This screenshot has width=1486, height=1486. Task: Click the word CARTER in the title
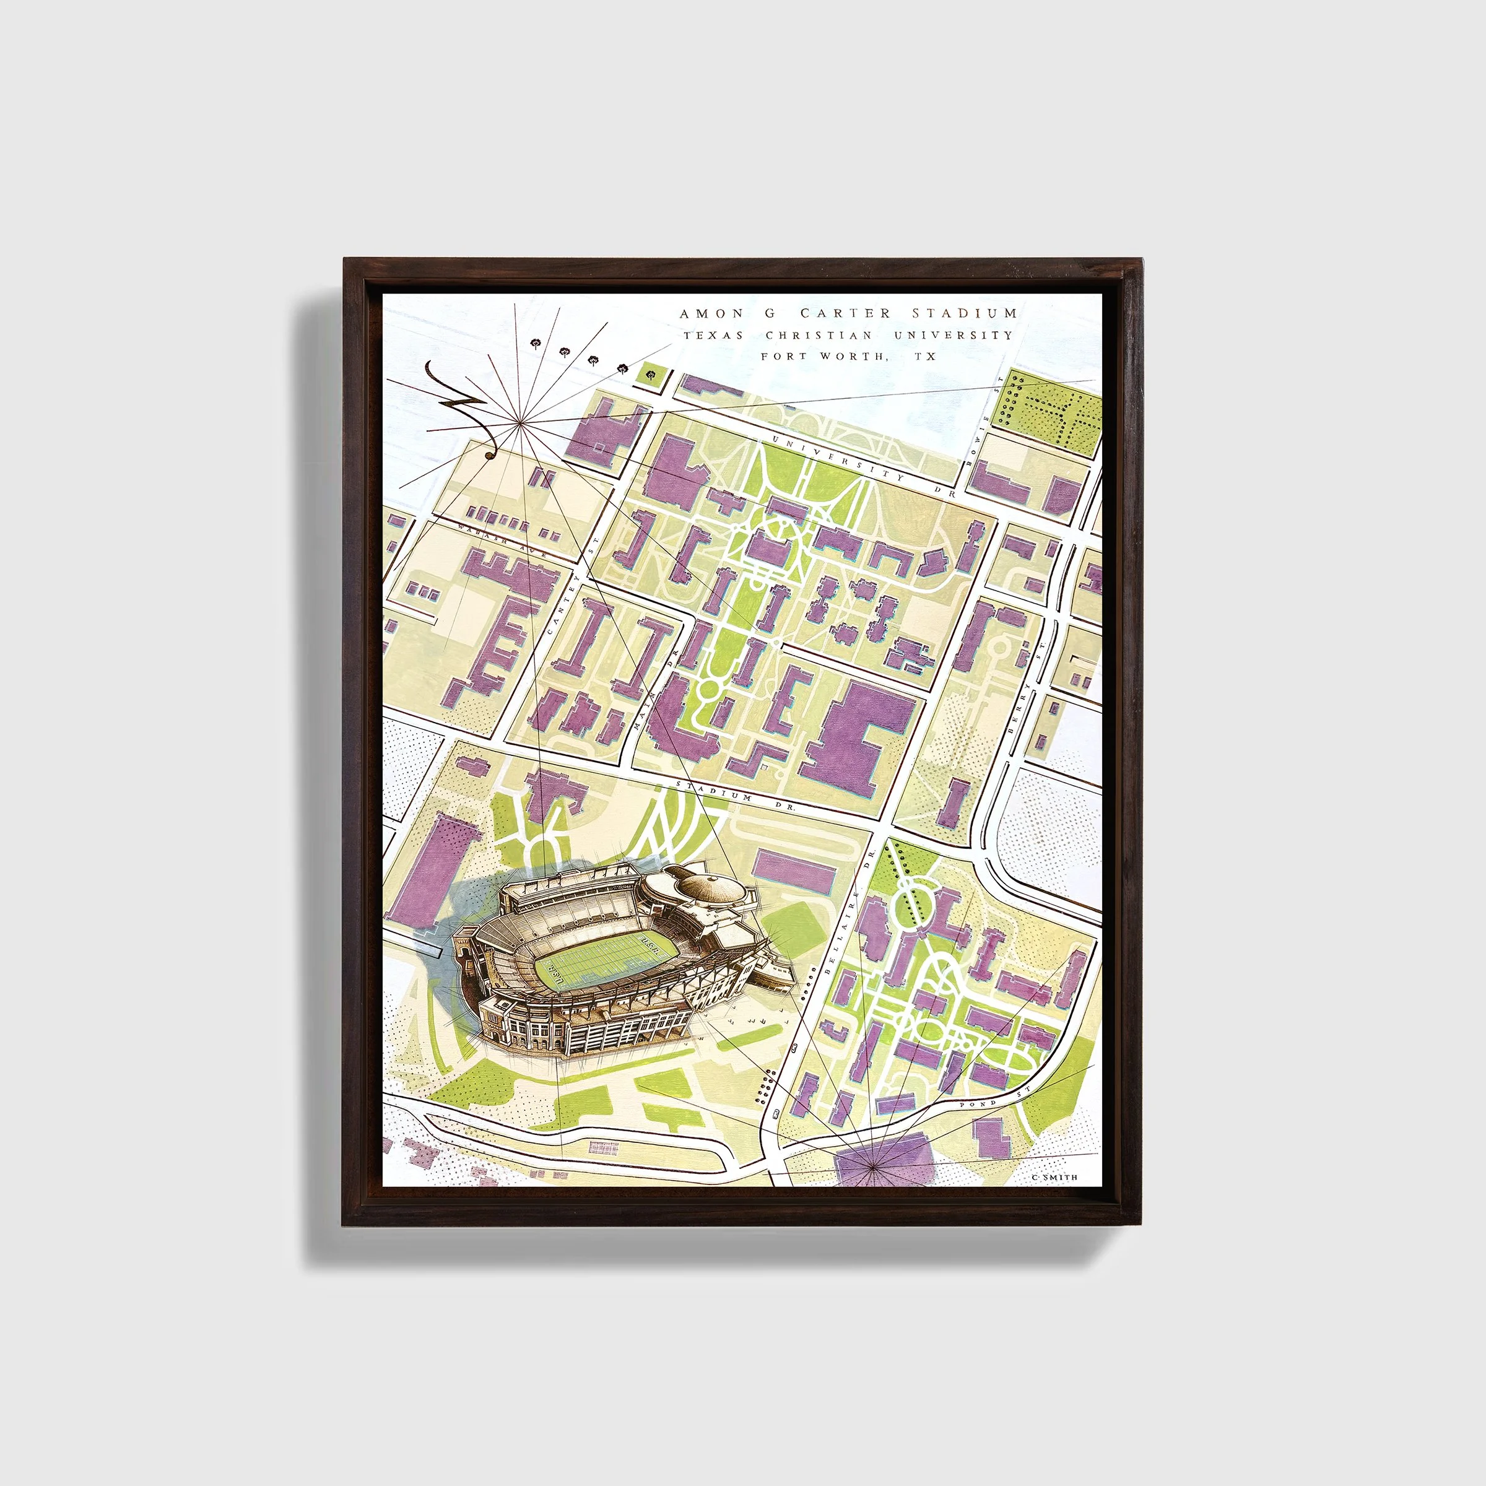click(x=845, y=313)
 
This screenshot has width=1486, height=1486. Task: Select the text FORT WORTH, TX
click(x=848, y=356)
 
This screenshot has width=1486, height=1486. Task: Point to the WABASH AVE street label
click(x=499, y=540)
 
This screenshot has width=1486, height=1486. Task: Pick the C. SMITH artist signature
click(x=1054, y=1177)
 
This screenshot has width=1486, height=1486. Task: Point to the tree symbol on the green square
click(x=652, y=375)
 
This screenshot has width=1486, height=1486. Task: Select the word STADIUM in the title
click(x=965, y=313)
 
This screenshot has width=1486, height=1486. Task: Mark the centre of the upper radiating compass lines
click(x=521, y=422)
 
